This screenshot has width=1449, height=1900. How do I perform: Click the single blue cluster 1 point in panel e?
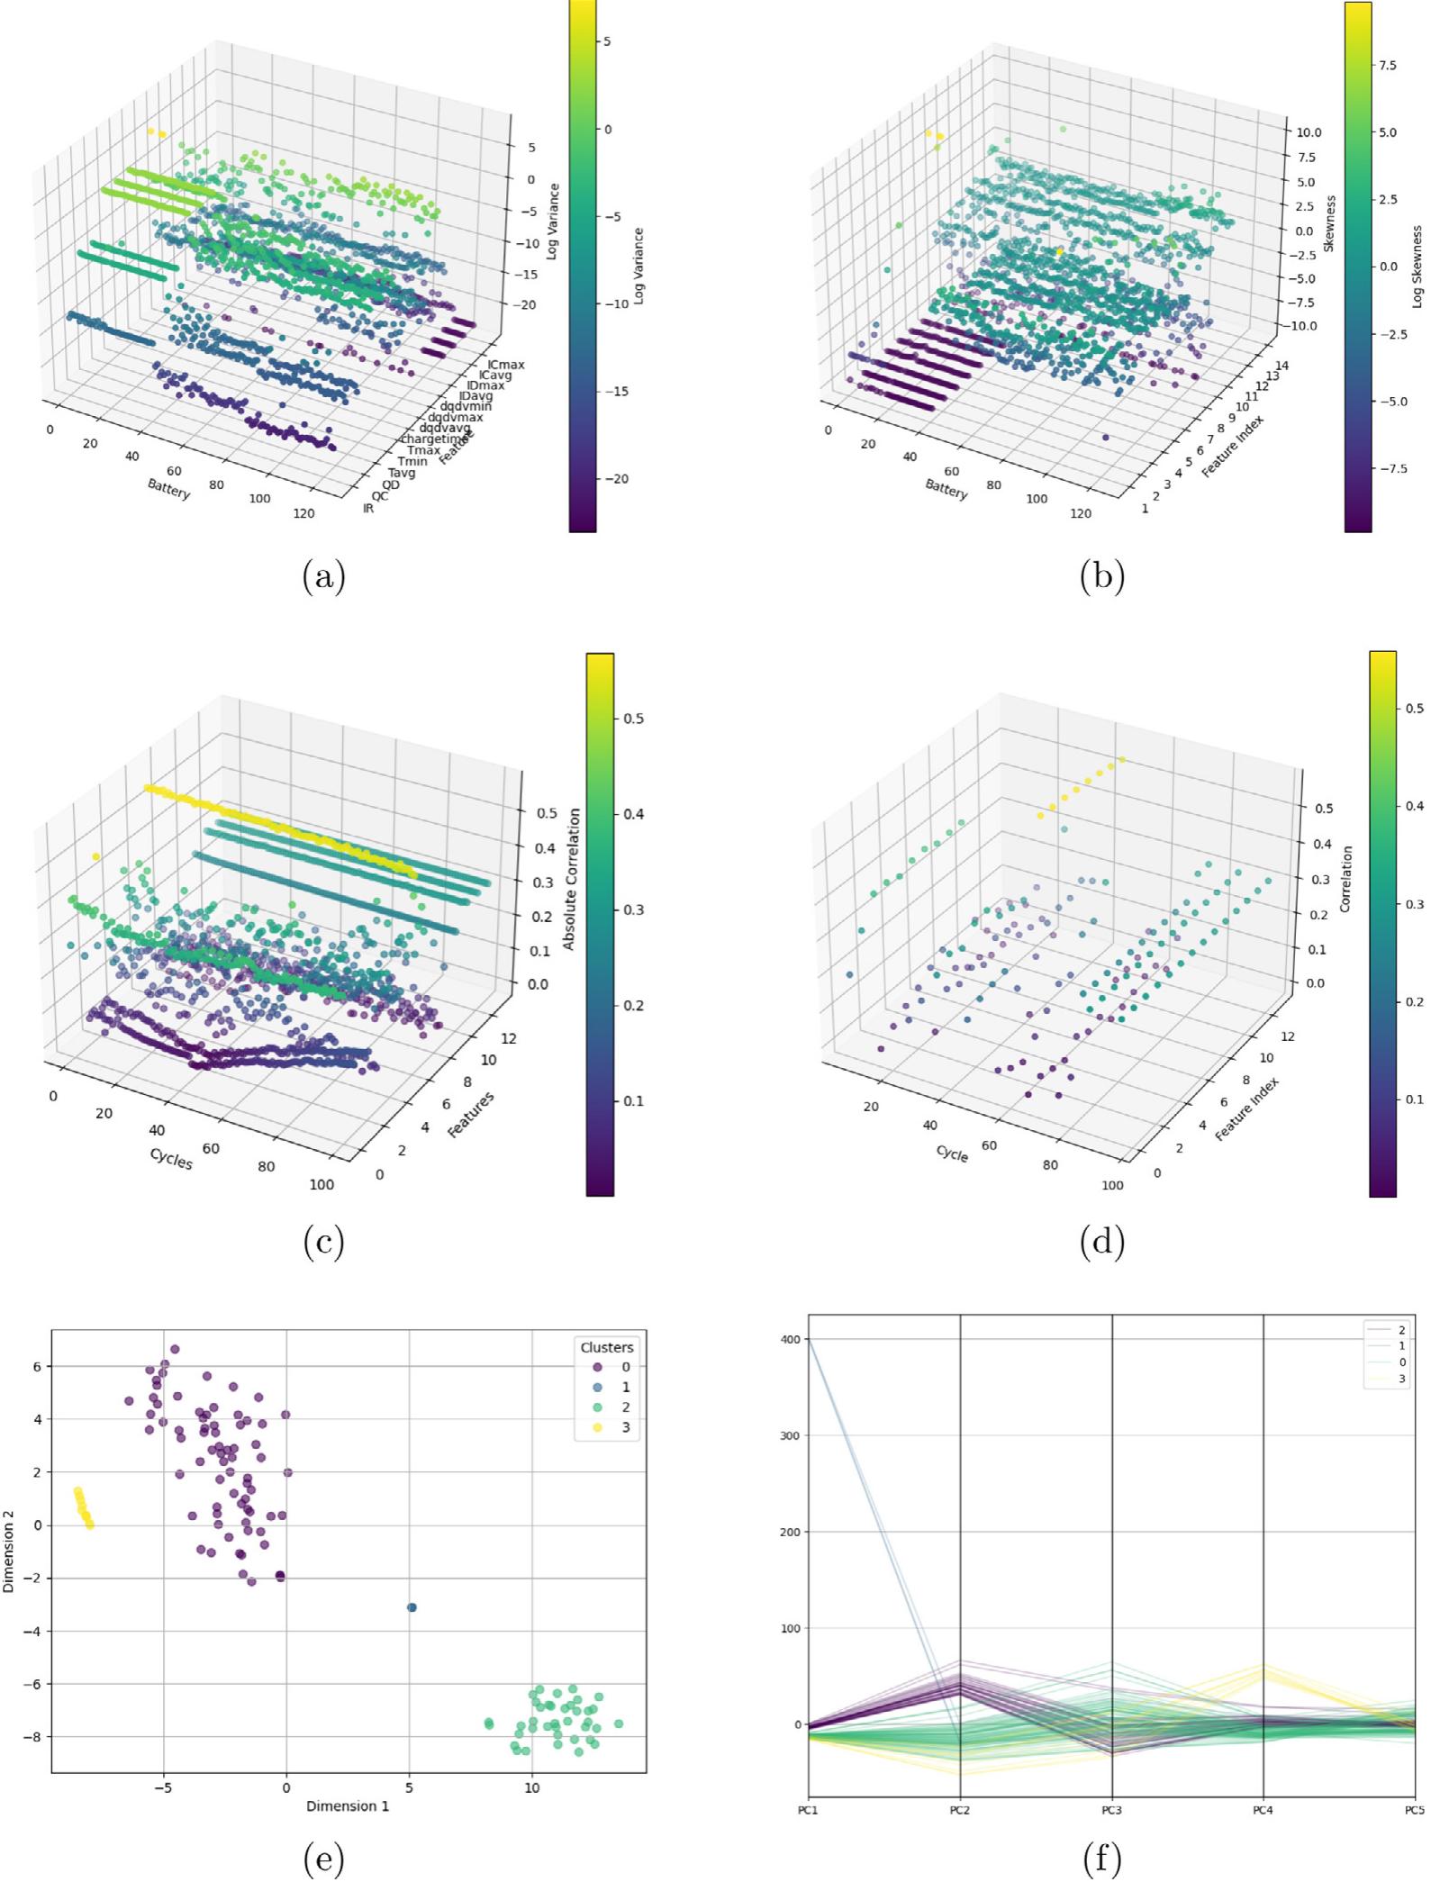[x=412, y=1607]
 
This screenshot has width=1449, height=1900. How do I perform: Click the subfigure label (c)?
[x=324, y=1243]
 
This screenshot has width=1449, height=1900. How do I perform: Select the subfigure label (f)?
[x=1102, y=1859]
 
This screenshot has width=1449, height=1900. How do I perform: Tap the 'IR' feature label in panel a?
[x=368, y=509]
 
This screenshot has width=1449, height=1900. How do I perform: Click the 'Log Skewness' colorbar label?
[x=1417, y=267]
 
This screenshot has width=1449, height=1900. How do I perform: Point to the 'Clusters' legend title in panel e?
[x=606, y=1347]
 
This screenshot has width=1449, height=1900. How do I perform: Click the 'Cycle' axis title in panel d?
[x=952, y=1154]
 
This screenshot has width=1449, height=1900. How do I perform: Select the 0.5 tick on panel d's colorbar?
[x=1415, y=708]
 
